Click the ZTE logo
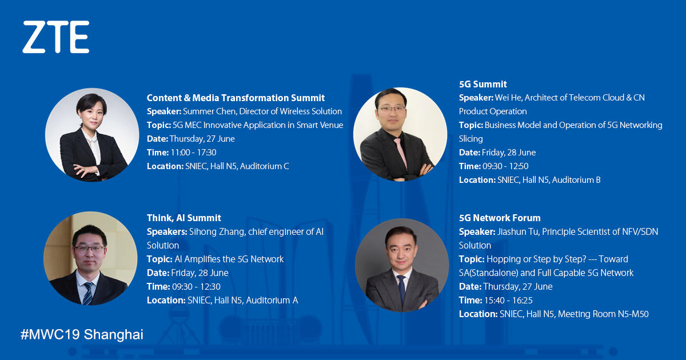point(56,37)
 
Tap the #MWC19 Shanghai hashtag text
point(82,334)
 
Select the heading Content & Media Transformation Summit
point(236,98)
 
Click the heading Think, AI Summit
point(184,218)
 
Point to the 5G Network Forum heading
point(500,218)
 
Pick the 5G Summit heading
point(482,84)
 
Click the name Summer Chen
point(210,111)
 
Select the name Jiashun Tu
point(517,232)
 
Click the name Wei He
point(508,98)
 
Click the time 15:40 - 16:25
point(508,301)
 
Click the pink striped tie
point(401,153)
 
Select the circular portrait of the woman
point(92,135)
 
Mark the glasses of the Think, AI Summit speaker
point(89,249)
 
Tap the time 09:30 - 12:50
point(505,166)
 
